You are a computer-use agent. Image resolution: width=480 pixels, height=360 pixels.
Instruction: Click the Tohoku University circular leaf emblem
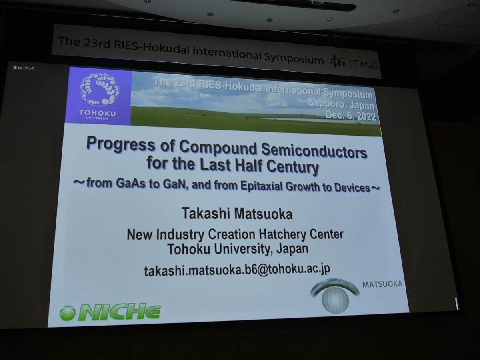[x=100, y=89]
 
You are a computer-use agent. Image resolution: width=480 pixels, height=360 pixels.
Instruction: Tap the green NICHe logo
[x=110, y=312]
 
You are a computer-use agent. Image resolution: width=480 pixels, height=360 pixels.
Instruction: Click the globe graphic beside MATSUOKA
[x=335, y=296]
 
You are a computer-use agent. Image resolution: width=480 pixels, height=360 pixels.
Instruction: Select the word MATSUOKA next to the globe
[x=382, y=284]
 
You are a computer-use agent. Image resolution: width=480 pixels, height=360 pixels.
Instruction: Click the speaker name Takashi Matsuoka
[x=237, y=213]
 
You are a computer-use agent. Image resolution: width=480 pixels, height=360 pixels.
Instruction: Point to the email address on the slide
[x=237, y=270]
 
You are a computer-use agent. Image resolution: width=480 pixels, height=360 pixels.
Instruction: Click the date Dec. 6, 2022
[x=350, y=116]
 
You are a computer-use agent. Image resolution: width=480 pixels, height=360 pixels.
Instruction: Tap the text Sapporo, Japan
[x=341, y=104]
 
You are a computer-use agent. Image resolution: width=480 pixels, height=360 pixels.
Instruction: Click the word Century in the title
[x=292, y=166]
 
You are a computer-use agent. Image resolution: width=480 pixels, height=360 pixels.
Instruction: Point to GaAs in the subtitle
[x=130, y=183]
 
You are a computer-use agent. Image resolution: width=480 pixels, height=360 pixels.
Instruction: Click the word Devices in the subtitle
[x=352, y=188]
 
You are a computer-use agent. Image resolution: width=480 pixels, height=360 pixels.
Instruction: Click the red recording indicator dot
[x=15, y=68]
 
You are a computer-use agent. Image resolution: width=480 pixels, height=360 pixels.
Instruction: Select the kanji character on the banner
[x=338, y=62]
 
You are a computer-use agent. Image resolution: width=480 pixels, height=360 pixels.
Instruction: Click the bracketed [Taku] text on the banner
[x=364, y=65]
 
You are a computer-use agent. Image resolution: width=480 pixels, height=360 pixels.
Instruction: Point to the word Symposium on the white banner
[x=294, y=58]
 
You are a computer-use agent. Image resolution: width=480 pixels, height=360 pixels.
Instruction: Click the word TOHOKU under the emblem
[x=97, y=113]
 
